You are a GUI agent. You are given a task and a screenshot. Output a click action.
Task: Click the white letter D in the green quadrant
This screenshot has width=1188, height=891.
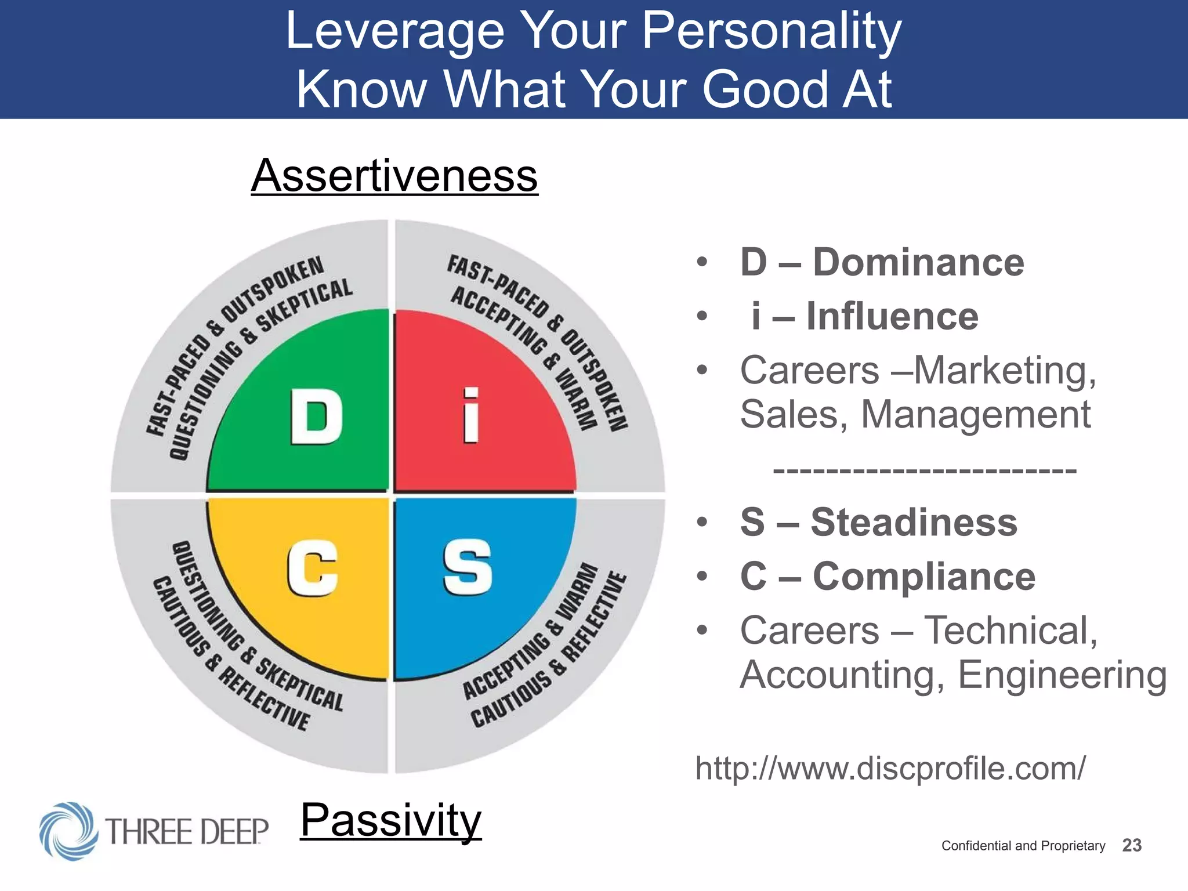click(x=316, y=416)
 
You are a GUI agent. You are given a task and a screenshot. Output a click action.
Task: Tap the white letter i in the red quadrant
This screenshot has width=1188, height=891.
click(x=471, y=415)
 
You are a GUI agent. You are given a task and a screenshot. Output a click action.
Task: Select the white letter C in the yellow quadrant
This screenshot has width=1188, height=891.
click(x=312, y=567)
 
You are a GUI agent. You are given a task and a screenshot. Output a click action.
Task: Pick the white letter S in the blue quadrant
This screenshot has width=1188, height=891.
click(x=468, y=567)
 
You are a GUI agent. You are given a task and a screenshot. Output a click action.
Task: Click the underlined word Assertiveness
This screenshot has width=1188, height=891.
click(x=394, y=175)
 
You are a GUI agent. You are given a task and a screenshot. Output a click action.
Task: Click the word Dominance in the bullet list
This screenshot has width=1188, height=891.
click(x=918, y=262)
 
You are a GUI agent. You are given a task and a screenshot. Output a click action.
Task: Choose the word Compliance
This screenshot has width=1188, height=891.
click(x=924, y=576)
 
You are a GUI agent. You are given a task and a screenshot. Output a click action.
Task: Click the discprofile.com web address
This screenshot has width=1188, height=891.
click(x=890, y=768)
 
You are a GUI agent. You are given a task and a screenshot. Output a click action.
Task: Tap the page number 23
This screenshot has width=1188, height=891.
click(x=1132, y=845)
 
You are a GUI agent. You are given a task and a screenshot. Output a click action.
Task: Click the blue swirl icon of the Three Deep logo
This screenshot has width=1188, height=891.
click(x=68, y=831)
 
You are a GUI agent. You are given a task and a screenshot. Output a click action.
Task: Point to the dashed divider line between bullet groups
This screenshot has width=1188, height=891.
click(x=925, y=470)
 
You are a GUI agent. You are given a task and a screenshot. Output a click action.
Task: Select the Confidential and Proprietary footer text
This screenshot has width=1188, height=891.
click(x=1023, y=846)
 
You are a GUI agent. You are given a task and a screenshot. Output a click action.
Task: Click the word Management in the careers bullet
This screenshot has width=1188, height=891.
click(x=976, y=414)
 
